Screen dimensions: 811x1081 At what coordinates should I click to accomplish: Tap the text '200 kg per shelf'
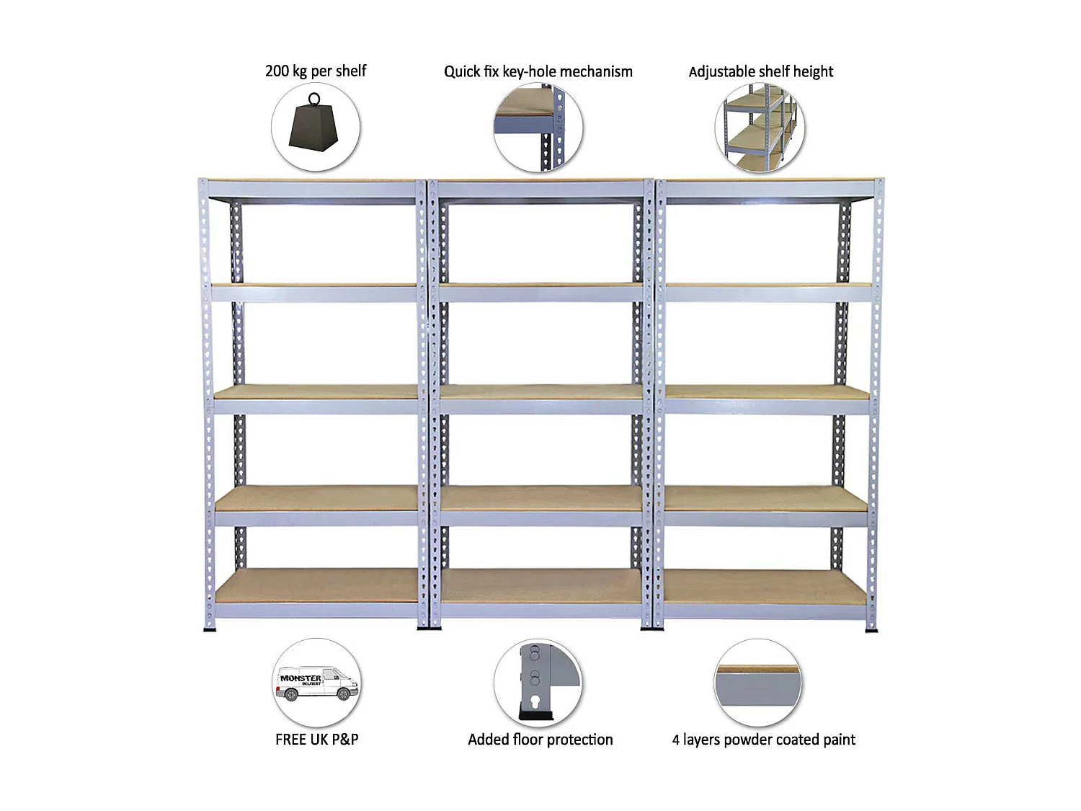click(x=316, y=71)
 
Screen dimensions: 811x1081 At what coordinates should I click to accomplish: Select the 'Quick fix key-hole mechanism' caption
click(x=538, y=71)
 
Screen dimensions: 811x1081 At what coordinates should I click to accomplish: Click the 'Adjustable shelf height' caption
click(x=760, y=71)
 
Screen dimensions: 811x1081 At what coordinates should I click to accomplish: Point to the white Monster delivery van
click(x=316, y=683)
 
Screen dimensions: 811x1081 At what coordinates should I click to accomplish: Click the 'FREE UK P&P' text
click(x=316, y=739)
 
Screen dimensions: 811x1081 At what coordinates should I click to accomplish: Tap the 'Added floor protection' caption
click(x=540, y=739)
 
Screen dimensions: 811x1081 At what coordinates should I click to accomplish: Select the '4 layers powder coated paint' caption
click(x=763, y=739)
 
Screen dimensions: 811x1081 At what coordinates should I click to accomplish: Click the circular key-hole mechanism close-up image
click(x=538, y=128)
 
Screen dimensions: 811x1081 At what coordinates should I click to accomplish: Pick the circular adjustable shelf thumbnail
click(x=760, y=128)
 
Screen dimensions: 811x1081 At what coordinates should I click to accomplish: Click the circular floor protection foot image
click(x=538, y=683)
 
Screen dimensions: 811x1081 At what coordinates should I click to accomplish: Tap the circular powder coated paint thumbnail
click(x=757, y=683)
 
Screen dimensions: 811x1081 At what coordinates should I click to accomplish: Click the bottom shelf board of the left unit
click(x=317, y=586)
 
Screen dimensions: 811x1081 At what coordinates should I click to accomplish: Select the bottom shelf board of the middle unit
click(x=540, y=586)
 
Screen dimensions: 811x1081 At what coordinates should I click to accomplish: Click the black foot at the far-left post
click(x=210, y=629)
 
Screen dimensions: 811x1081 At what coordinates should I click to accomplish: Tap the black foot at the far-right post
click(x=871, y=629)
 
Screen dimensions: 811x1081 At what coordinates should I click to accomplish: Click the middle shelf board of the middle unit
click(x=540, y=391)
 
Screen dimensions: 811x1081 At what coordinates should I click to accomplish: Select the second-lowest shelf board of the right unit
click(x=765, y=497)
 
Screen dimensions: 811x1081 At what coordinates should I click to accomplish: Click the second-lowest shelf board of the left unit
click(x=317, y=497)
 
